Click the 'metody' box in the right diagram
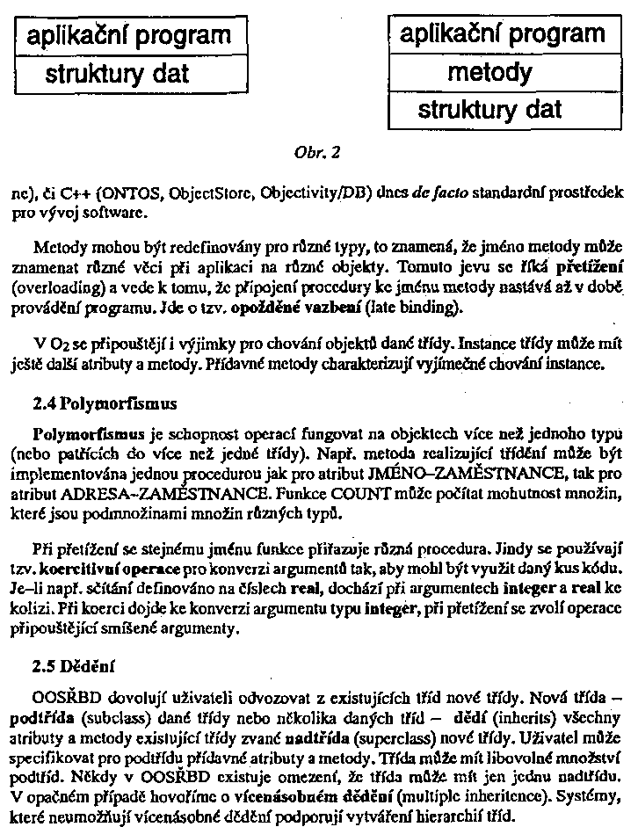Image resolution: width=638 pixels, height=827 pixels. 489,71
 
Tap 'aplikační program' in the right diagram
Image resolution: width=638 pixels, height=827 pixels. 502,34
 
